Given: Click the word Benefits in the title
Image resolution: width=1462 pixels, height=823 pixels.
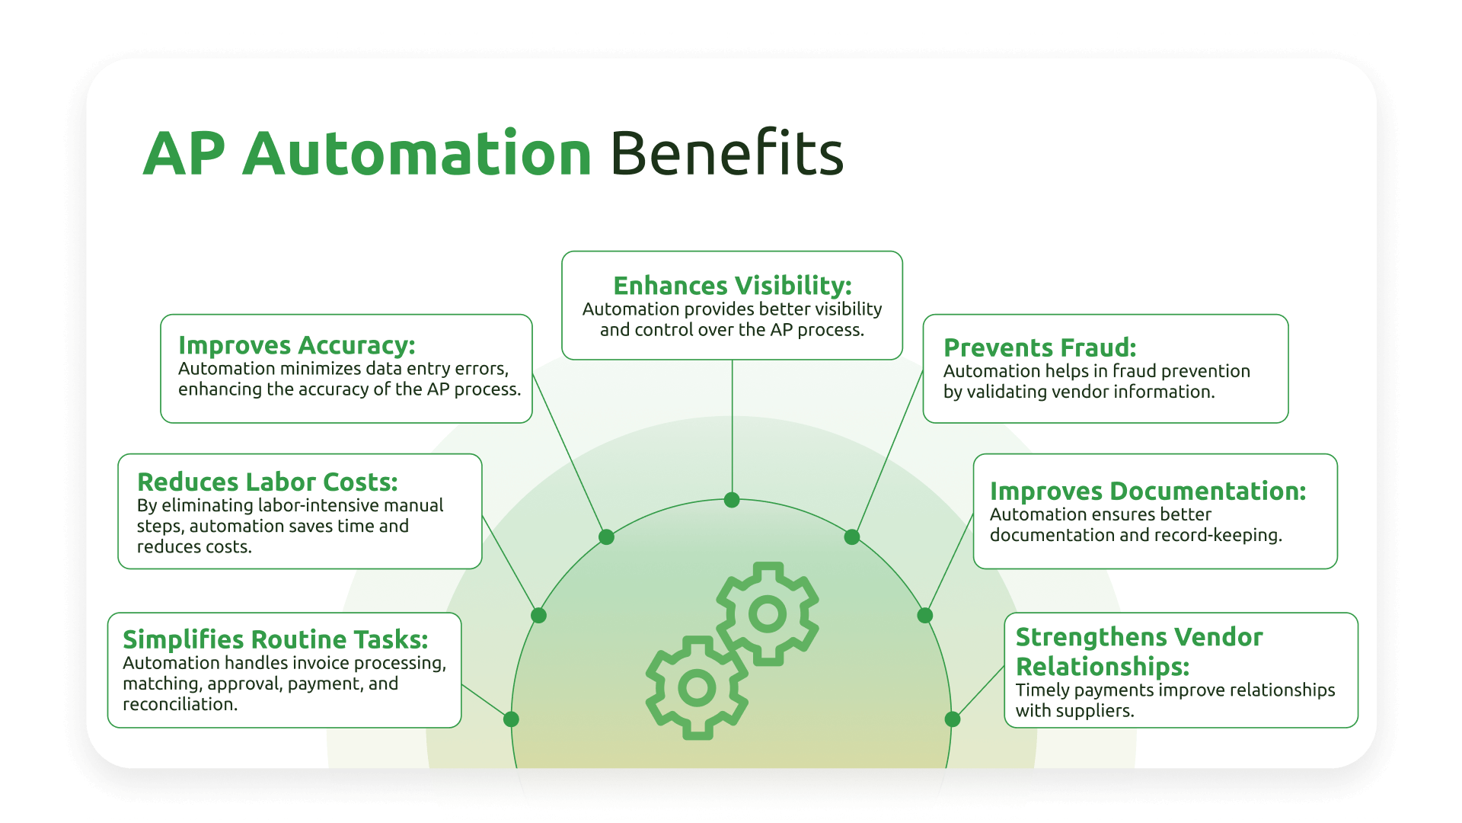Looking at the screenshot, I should click(x=726, y=154).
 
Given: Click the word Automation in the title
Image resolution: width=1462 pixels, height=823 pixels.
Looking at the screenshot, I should click(x=417, y=154).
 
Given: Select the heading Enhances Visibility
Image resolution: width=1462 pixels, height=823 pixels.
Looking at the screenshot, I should click(x=732, y=286).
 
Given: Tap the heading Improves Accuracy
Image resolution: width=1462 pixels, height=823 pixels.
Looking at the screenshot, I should click(x=296, y=345).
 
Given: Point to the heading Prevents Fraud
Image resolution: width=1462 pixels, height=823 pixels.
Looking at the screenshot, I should click(x=1039, y=347).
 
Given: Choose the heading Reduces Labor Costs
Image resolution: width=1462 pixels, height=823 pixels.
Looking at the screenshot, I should click(x=267, y=482).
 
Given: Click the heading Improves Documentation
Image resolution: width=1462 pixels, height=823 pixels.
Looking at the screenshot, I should click(x=1148, y=492).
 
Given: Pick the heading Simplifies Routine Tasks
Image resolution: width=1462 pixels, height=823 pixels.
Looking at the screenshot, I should click(x=275, y=639).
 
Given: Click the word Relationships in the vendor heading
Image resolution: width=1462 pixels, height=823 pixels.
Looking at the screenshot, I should click(x=1102, y=667).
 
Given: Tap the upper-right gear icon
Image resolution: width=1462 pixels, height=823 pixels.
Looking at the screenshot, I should click(x=768, y=613).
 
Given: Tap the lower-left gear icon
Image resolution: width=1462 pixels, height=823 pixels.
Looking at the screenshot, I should click(x=697, y=688).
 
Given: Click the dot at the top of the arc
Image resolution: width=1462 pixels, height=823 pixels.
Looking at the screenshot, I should click(x=732, y=500).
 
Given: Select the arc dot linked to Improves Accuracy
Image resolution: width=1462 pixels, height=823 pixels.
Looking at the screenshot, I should click(x=606, y=537).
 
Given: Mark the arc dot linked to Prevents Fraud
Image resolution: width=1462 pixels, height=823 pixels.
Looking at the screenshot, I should click(x=852, y=537).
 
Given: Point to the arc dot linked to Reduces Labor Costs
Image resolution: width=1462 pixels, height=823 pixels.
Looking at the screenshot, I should click(x=538, y=615).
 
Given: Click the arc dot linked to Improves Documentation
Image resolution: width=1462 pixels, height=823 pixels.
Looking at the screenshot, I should click(x=925, y=615).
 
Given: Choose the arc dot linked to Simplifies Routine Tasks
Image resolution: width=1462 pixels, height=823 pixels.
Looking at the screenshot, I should click(x=511, y=719).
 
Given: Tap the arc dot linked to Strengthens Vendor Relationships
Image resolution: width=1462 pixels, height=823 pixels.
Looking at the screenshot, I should click(x=953, y=719).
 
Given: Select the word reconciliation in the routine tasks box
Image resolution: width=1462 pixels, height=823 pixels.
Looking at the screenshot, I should click(x=180, y=705).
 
